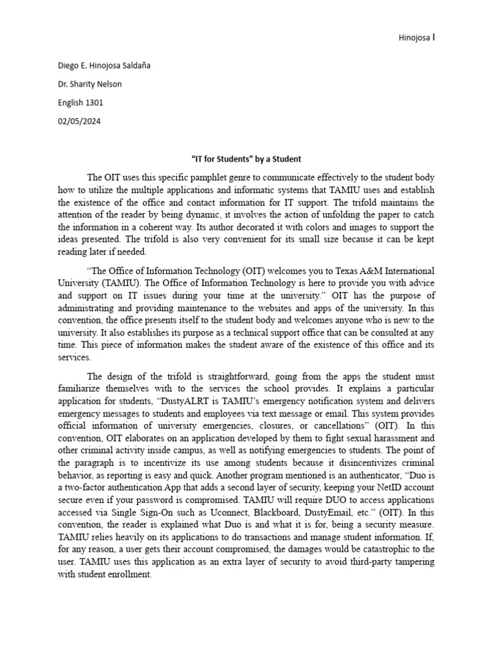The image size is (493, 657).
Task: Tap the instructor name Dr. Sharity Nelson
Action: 90,84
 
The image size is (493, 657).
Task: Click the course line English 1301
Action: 80,103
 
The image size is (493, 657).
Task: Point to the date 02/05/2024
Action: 79,121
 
